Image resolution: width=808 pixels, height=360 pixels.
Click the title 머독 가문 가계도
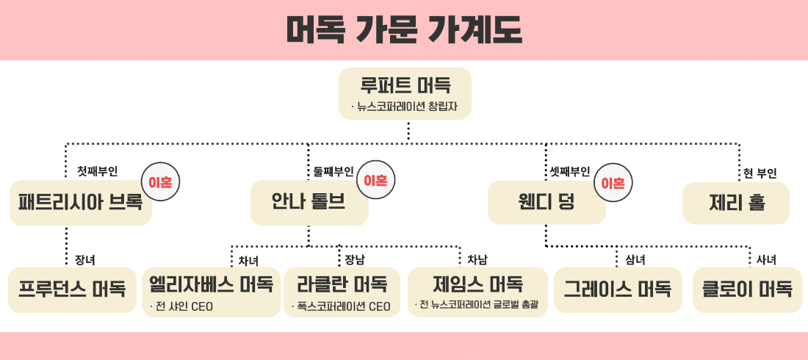[x=403, y=29]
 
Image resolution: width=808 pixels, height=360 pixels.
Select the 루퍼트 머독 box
[x=405, y=92]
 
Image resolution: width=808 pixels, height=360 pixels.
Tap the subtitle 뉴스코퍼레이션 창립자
[x=410, y=107]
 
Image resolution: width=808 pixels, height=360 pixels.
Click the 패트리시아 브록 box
[x=81, y=203]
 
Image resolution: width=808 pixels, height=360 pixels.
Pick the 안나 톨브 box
[x=309, y=203]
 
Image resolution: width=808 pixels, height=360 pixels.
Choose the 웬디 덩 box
[x=547, y=203]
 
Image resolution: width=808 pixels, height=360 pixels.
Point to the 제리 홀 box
[x=735, y=203]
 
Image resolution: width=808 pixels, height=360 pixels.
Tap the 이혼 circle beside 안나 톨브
[x=375, y=181]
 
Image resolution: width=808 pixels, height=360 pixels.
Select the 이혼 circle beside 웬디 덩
[x=613, y=182]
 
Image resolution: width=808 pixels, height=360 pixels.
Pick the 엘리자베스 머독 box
[x=212, y=291]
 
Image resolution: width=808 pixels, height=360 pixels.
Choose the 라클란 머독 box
[x=342, y=291]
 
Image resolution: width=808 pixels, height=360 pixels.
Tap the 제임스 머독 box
[x=477, y=291]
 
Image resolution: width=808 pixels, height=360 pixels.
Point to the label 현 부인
[x=760, y=173]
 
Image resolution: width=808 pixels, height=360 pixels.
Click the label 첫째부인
[x=98, y=171]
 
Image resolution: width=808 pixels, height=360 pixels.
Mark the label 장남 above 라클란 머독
[x=355, y=259]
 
